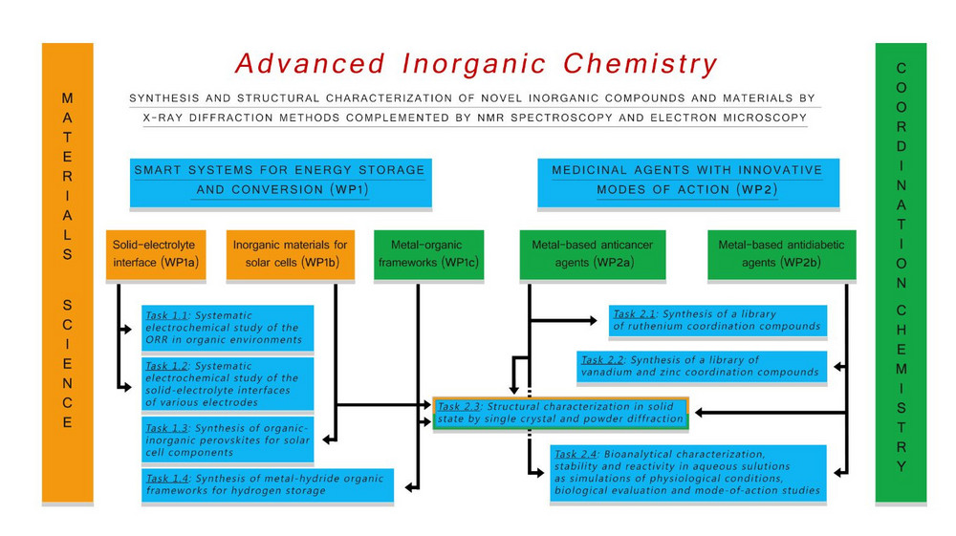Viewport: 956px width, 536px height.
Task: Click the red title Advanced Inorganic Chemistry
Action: coord(475,64)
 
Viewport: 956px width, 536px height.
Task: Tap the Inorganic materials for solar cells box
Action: coord(290,254)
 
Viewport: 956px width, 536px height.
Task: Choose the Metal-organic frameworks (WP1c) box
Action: coord(428,254)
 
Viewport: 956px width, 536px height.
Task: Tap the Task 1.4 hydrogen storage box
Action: coord(268,484)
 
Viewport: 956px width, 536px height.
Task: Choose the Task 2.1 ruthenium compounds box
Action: coord(717,320)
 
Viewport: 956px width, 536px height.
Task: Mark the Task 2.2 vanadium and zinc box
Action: coord(703,366)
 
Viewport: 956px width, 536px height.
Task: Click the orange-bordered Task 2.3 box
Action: coord(560,413)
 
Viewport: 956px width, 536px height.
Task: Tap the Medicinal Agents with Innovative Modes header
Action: coord(687,181)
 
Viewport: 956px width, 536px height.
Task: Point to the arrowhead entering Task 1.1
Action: coord(125,330)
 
